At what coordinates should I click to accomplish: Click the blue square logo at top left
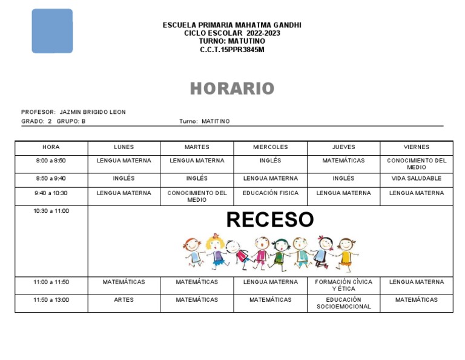coord(52,31)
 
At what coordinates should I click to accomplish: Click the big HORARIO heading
coord(232,89)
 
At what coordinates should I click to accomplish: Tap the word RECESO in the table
coord(270,219)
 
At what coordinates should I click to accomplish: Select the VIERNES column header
coord(416,147)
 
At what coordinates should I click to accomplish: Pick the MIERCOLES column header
coord(270,147)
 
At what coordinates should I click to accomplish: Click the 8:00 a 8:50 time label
coord(51,161)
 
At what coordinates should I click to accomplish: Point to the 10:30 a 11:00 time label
coord(51,212)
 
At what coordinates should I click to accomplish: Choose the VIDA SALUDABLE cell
coord(416,179)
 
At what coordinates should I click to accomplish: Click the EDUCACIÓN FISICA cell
coord(270,193)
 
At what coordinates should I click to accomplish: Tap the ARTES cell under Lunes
coord(124,300)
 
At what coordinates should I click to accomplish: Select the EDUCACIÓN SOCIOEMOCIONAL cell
coord(343,303)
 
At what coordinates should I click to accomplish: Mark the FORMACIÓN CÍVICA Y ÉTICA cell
coord(343,285)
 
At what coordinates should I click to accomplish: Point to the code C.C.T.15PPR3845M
coord(232,50)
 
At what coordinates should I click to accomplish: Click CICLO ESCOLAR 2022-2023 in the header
coord(232,33)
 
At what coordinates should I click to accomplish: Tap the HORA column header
coord(51,147)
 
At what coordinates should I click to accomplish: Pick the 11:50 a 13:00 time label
coord(51,300)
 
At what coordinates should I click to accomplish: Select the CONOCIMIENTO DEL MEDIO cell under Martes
coord(197,196)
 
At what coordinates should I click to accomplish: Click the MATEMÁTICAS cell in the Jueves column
coord(343,161)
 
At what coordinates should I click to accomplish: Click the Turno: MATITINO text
coord(205,121)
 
